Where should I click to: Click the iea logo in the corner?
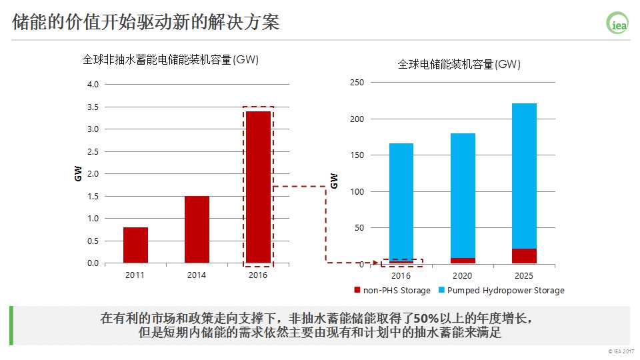[x=617, y=23]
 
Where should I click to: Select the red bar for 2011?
[x=135, y=245]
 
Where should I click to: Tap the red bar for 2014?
[x=197, y=229]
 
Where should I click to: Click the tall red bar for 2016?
[x=258, y=187]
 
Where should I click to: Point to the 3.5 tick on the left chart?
[x=93, y=107]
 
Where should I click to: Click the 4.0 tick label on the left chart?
[x=93, y=85]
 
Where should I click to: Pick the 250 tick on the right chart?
[x=357, y=83]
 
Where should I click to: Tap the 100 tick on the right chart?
[x=357, y=192]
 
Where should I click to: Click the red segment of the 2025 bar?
[x=524, y=256]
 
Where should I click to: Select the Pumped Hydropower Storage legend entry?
[x=501, y=291]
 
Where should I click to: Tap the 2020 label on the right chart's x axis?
[x=463, y=275]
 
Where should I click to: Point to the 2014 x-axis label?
[x=197, y=275]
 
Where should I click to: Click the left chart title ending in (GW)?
[x=170, y=60]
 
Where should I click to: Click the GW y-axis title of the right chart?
[x=335, y=180]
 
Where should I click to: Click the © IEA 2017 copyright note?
[x=621, y=351]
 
